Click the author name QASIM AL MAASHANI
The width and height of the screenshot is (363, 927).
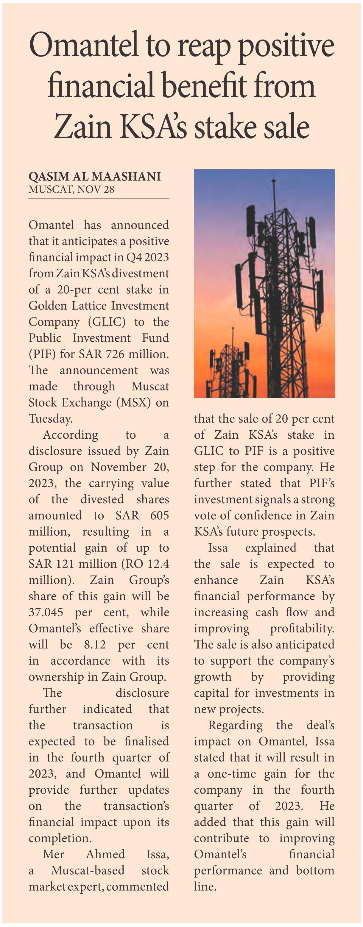(x=95, y=176)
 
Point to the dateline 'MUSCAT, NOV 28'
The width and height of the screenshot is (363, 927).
(x=71, y=189)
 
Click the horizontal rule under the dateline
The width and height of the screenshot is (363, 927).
(x=99, y=198)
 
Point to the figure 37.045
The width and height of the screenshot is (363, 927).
(x=46, y=612)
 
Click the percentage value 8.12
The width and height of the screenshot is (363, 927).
(x=95, y=645)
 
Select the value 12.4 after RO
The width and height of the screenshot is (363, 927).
(x=158, y=564)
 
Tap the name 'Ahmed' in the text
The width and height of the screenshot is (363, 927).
(x=105, y=854)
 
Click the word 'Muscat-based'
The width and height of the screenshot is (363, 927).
(x=88, y=870)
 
